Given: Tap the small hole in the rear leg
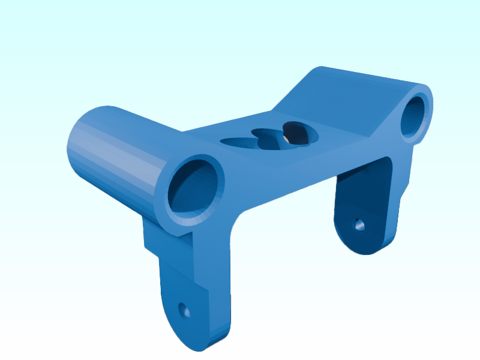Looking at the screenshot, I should pyautogui.click(x=359, y=225).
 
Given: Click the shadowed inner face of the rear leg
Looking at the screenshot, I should pyautogui.click(x=360, y=198).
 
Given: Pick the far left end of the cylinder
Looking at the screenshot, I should pyautogui.click(x=75, y=147).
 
